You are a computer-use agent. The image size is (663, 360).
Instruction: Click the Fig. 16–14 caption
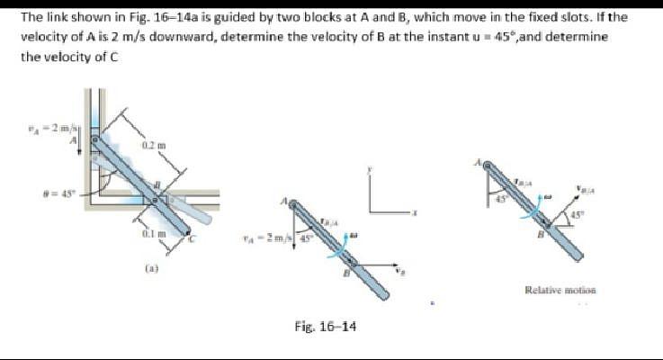[x=325, y=326]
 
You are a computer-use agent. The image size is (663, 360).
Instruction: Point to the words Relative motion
[x=560, y=290]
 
